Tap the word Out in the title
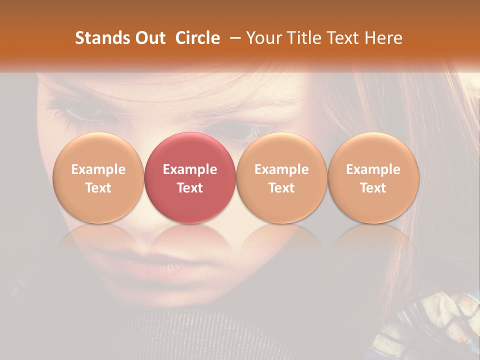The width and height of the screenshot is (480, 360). click(x=148, y=38)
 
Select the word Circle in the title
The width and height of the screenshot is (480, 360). click(x=197, y=38)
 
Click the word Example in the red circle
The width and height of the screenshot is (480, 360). click(x=190, y=169)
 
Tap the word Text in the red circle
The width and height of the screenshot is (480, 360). click(x=190, y=188)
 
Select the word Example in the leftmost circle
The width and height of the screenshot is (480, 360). click(x=98, y=169)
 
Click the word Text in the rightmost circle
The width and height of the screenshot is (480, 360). click(x=373, y=188)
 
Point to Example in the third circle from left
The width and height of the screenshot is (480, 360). click(x=281, y=169)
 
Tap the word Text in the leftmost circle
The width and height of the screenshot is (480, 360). click(x=98, y=188)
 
